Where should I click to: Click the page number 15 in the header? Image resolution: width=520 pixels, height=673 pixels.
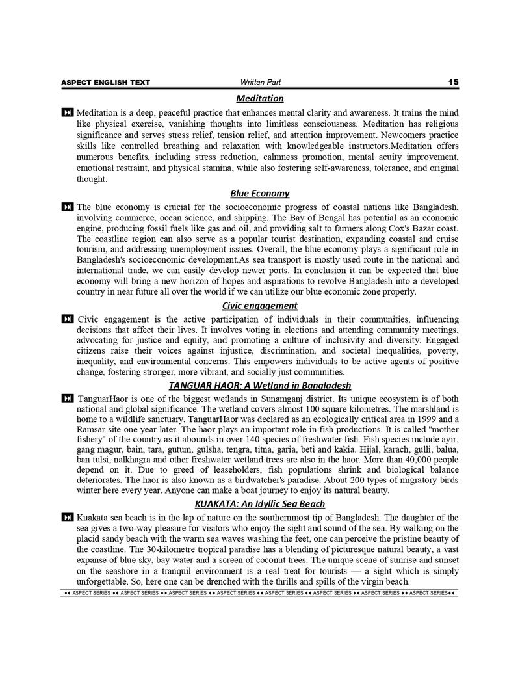click(x=453, y=82)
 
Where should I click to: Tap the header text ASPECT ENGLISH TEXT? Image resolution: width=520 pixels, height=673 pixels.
click(x=105, y=83)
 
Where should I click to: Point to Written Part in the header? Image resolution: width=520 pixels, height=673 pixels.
click(x=260, y=82)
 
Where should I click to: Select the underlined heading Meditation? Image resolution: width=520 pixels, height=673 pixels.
click(x=260, y=98)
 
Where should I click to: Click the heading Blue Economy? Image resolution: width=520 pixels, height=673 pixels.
click(x=260, y=193)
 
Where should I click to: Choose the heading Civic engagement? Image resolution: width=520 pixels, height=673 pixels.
click(x=260, y=305)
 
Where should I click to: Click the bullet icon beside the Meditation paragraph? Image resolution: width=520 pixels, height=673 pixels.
click(x=68, y=113)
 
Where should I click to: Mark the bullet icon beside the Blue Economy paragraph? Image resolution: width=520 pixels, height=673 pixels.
click(x=68, y=207)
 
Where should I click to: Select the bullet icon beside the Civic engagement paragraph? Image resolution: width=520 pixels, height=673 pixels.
click(x=68, y=319)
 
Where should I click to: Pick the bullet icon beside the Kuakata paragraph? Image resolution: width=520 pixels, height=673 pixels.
click(x=68, y=518)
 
